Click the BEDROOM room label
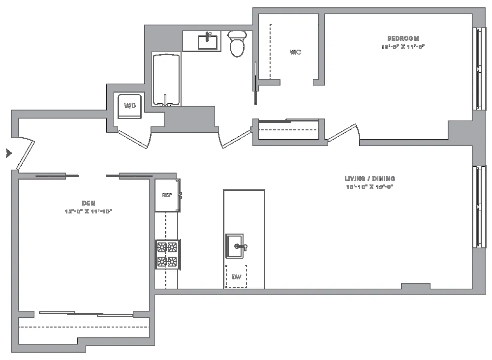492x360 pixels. pyautogui.click(x=403, y=38)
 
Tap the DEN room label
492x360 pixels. pyautogui.click(x=89, y=203)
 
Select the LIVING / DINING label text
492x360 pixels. pyautogui.click(x=369, y=179)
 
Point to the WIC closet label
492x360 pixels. pyautogui.click(x=295, y=52)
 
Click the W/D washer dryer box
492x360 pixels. pyautogui.click(x=130, y=106)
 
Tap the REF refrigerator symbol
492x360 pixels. pyautogui.click(x=167, y=195)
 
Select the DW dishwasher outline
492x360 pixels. pyautogui.click(x=236, y=277)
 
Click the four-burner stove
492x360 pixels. pyautogui.click(x=167, y=254)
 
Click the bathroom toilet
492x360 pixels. pyautogui.click(x=238, y=43)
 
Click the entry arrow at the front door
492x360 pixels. pyautogui.click(x=8, y=153)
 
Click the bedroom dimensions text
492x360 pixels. pyautogui.click(x=402, y=47)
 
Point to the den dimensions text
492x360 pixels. pyautogui.click(x=89, y=211)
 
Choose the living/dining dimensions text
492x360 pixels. pyautogui.click(x=369, y=187)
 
